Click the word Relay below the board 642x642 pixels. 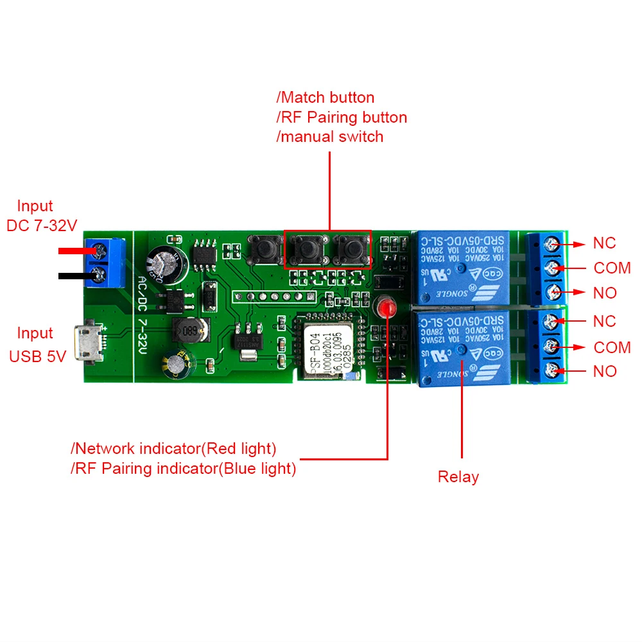pyautogui.click(x=458, y=477)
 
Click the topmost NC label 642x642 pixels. pyautogui.click(x=604, y=243)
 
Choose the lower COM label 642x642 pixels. pyautogui.click(x=612, y=347)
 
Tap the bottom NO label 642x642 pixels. pyautogui.click(x=605, y=371)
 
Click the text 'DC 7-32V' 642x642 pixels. pyautogui.click(x=41, y=226)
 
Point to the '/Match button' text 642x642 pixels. pyautogui.click(x=325, y=98)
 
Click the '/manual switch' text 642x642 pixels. pyautogui.click(x=330, y=137)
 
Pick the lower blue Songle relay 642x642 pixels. pyautogui.click(x=462, y=347)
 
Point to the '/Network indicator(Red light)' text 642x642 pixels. pyautogui.click(x=173, y=448)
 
